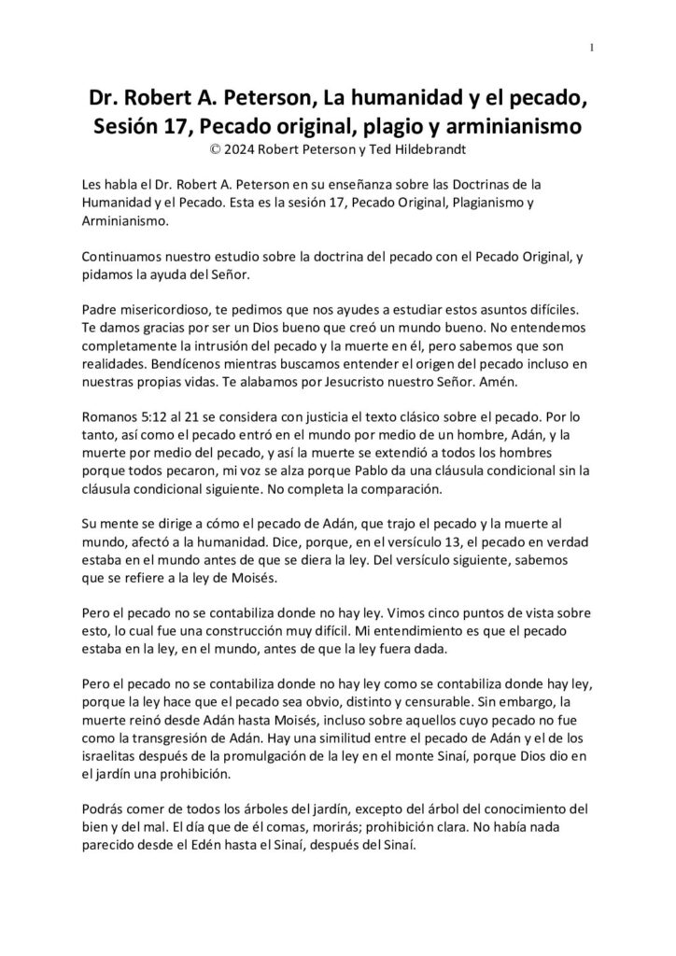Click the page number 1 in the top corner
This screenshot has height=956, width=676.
pos(593,49)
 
